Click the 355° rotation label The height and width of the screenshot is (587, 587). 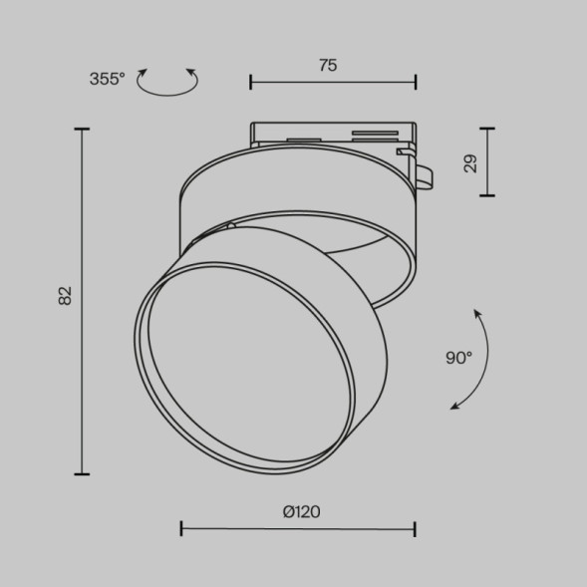point(107,80)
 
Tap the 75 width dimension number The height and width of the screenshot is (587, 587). point(328,65)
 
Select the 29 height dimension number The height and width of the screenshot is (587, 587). point(470,162)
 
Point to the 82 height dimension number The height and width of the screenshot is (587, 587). point(66,295)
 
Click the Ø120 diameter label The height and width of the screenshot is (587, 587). point(301,512)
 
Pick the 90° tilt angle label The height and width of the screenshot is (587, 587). point(458,358)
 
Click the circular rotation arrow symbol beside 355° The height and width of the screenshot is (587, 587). point(166,83)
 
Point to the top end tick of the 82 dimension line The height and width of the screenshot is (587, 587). point(82,130)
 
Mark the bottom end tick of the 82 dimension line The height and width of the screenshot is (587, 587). point(82,473)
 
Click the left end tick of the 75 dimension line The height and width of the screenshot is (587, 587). point(250,82)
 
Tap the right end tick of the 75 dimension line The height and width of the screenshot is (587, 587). point(416,82)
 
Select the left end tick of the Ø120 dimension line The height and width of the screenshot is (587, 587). point(181,528)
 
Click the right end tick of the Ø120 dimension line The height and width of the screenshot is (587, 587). point(416,528)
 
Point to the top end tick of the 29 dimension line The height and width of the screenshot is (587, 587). point(486,129)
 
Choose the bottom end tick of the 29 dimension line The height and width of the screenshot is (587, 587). point(486,195)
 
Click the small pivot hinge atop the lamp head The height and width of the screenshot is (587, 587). point(231,226)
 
